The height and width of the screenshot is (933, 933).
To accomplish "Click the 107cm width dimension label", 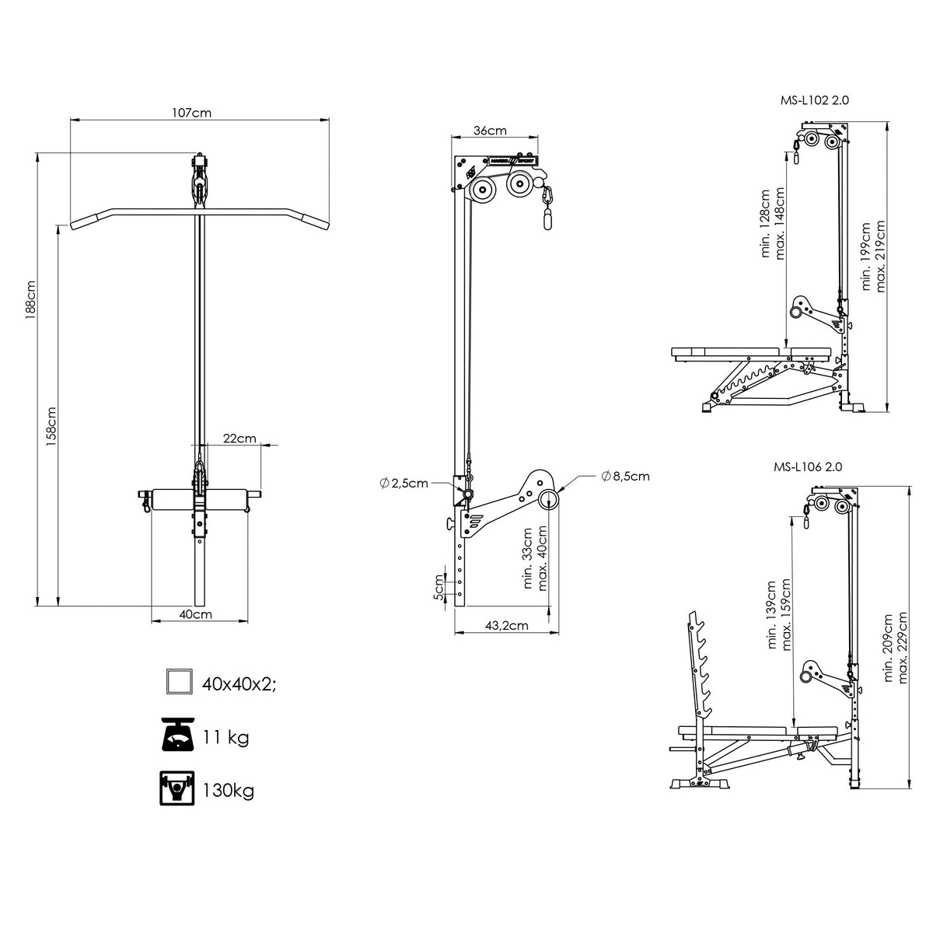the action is pos(192,113).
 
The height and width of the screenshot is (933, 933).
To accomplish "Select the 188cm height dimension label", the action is pos(30,299).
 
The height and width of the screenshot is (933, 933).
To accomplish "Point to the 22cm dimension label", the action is pos(239,439).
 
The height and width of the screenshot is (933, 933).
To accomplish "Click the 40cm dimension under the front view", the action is pos(196,614).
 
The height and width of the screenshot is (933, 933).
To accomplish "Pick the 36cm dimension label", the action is pos(490,131).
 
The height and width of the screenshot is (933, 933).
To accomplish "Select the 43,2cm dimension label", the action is pos(506,625).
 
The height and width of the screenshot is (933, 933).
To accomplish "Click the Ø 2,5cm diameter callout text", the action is pos(404,483).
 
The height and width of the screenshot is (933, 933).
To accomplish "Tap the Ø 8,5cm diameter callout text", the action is pos(625,476).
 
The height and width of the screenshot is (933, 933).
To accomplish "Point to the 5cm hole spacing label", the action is pos(439,587).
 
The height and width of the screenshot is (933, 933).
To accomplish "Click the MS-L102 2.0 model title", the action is pos(814,100).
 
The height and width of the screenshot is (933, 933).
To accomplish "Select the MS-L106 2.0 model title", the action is pos(808,466).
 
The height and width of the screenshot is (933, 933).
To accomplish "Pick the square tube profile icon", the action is pos(179,681).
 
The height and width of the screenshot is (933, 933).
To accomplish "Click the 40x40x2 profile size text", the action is pos(239,684).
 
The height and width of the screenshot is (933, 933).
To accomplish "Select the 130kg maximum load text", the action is pos(228,791).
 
